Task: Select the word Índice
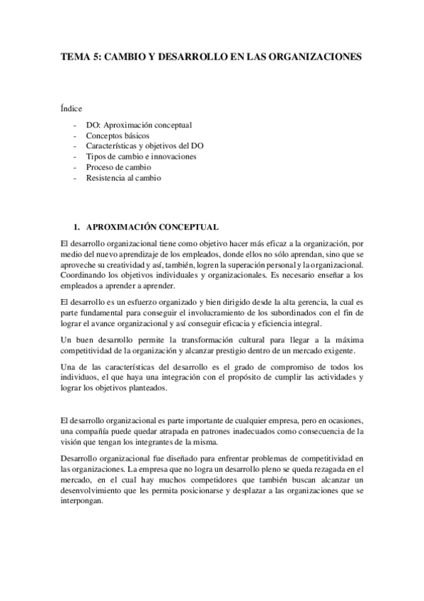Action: (x=72, y=108)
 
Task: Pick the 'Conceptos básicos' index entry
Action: (x=118, y=135)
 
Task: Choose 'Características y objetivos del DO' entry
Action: (x=145, y=146)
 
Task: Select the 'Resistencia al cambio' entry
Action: (x=124, y=178)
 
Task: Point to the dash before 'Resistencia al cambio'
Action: (x=74, y=178)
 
